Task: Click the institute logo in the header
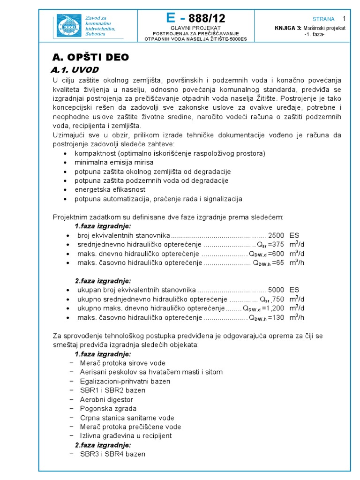click(69, 26)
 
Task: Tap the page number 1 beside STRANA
click(344, 19)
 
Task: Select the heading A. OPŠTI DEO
click(90, 57)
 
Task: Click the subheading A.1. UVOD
click(75, 70)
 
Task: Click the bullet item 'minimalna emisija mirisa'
click(114, 162)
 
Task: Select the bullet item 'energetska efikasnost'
click(110, 189)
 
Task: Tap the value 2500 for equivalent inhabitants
click(276, 235)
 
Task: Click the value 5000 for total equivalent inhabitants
click(276, 290)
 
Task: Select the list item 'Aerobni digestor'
click(106, 399)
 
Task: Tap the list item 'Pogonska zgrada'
click(108, 408)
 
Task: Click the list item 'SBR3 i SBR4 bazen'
click(112, 454)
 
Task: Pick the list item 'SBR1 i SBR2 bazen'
click(112, 390)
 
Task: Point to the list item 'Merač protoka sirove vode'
click(122, 363)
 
